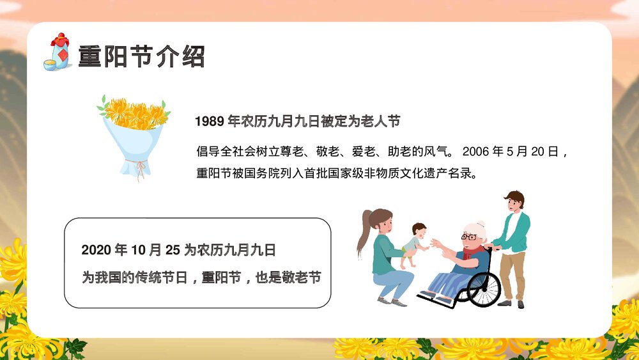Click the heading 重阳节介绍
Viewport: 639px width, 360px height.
(141, 56)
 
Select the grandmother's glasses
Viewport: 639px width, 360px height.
(468, 237)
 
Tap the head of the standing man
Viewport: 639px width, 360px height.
(513, 201)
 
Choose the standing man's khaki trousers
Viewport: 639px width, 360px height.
(512, 275)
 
